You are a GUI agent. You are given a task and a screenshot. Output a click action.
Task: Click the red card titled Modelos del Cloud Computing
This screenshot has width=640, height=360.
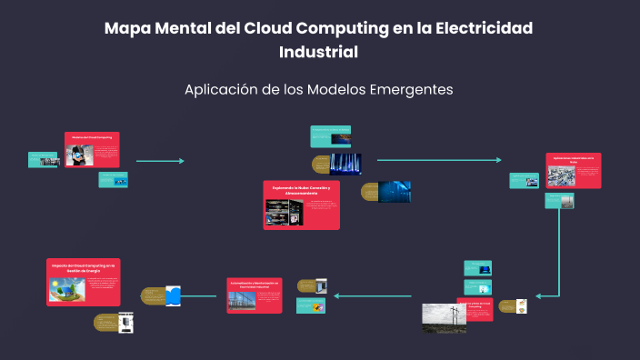pyautogui.click(x=93, y=150)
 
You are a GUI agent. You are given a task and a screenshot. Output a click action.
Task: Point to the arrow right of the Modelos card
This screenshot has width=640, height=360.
pyautogui.click(x=160, y=161)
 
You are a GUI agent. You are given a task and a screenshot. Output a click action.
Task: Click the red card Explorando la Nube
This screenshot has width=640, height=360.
pyautogui.click(x=302, y=205)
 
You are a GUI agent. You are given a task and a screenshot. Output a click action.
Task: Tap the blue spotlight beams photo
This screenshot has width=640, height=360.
pyautogui.click(x=345, y=163)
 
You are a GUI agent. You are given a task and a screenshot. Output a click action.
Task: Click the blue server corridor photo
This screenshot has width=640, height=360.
pyautogui.click(x=394, y=192)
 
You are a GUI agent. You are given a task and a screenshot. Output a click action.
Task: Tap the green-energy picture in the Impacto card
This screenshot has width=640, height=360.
pyautogui.click(x=67, y=289)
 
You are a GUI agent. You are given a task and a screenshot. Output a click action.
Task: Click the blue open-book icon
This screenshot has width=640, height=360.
pyautogui.click(x=174, y=295)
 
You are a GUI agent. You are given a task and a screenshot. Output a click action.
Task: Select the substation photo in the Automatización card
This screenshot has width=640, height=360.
pyautogui.click(x=243, y=301)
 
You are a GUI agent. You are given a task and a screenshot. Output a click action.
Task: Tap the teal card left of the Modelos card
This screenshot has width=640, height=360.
pyautogui.click(x=44, y=160)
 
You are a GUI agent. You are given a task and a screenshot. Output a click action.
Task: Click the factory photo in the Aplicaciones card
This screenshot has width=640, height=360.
pyautogui.click(x=561, y=175)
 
